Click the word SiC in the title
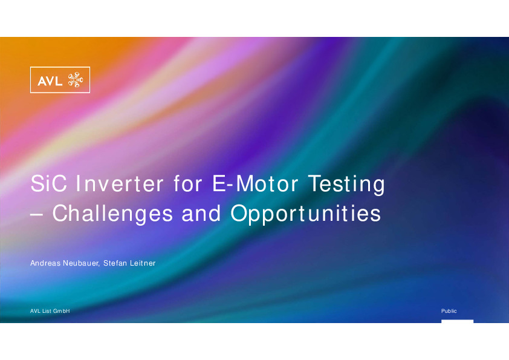49,183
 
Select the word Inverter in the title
120,183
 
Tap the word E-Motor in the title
255,183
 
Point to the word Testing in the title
346,185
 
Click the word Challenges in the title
112,214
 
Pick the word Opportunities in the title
305,214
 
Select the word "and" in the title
201,214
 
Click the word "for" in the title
188,183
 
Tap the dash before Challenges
37,214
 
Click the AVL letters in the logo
50,80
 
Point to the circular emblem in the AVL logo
76,80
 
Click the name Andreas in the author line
45,263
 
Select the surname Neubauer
81,263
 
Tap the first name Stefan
115,263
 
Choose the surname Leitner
143,263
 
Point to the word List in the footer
47,311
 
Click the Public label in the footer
449,311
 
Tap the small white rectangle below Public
458,321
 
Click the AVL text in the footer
35,311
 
